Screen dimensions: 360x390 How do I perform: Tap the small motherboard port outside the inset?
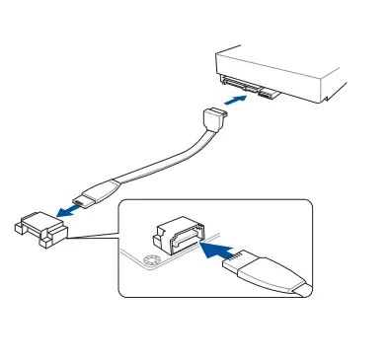pyautogui.click(x=39, y=227)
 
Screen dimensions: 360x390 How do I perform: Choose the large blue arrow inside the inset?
pyautogui.click(x=219, y=250)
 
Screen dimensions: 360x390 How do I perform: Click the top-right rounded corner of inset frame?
pyautogui.click(x=307, y=204)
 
